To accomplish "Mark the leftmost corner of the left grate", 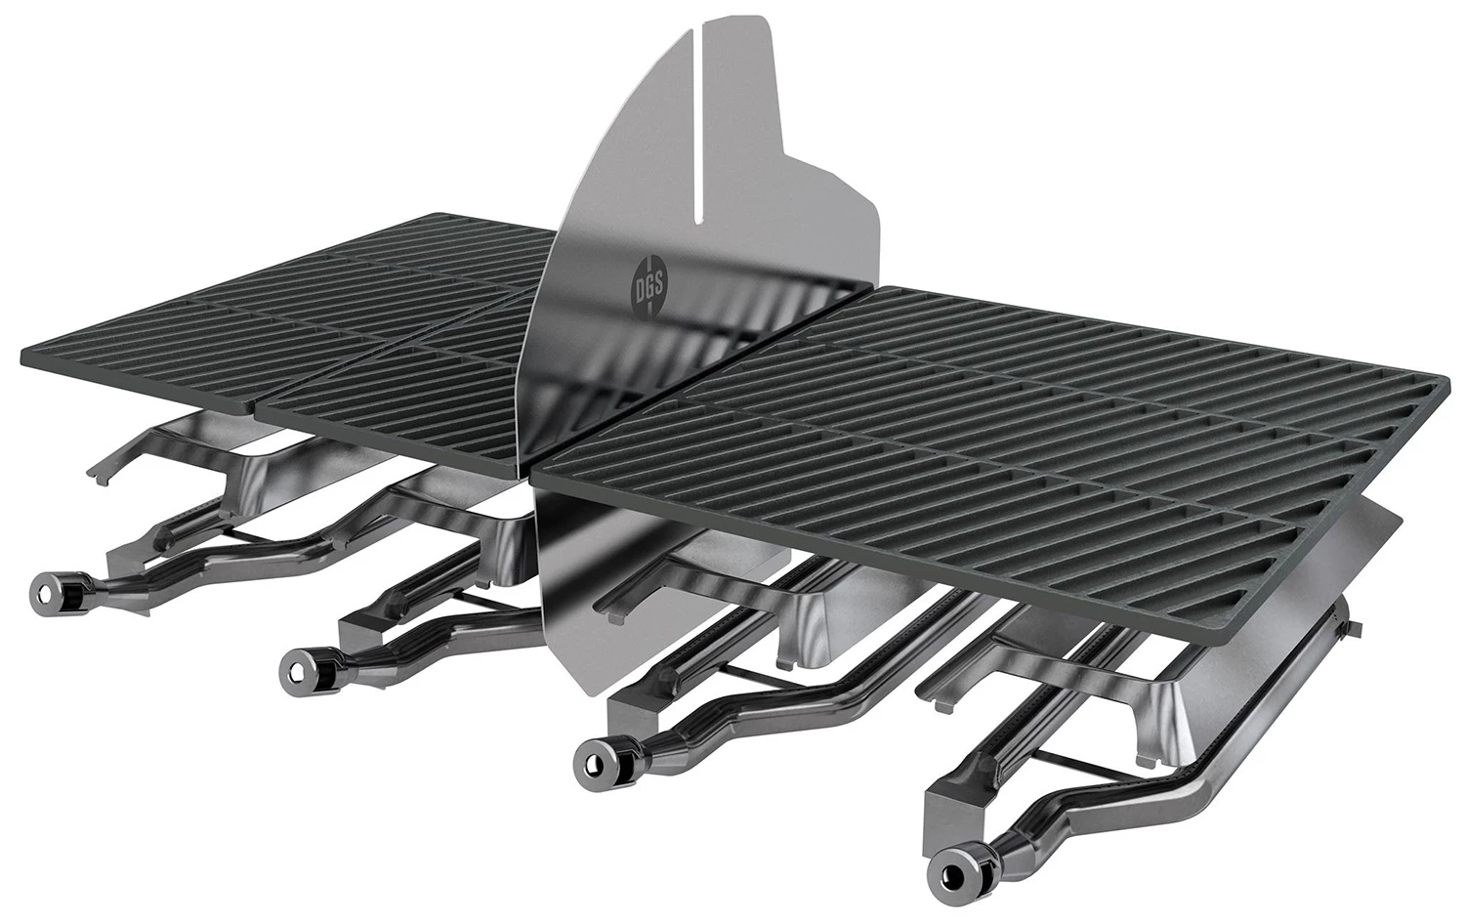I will coord(21,360).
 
